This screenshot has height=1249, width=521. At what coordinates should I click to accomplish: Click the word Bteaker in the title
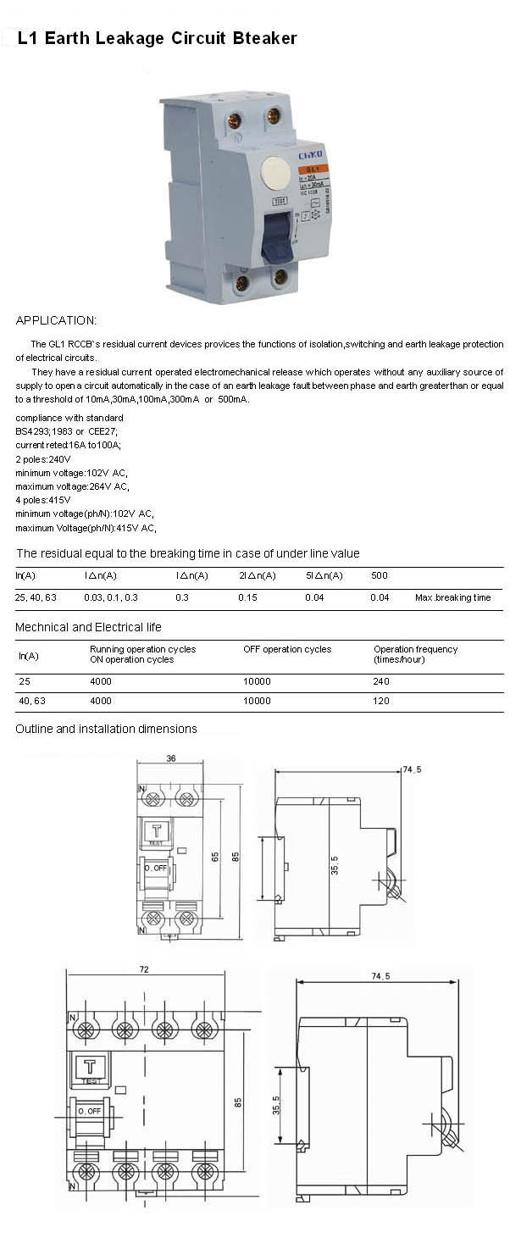(259, 38)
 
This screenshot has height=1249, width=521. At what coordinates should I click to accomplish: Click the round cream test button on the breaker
(275, 172)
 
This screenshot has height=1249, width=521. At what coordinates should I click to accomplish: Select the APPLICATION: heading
(56, 320)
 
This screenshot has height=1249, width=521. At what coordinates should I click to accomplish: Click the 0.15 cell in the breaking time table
(248, 597)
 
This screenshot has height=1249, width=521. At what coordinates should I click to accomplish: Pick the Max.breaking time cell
(452, 597)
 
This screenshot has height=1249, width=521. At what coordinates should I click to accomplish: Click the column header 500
(380, 575)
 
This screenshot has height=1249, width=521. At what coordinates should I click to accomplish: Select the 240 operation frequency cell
(381, 681)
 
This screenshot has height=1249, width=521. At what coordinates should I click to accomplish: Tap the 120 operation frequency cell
(381, 702)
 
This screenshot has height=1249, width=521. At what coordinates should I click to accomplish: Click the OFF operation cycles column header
(287, 649)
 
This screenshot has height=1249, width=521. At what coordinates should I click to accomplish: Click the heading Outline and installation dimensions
(106, 729)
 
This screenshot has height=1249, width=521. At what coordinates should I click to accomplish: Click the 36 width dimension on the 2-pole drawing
(171, 758)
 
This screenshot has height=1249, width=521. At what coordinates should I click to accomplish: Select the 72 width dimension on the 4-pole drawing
(144, 969)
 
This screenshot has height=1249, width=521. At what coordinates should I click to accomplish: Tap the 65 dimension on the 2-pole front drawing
(214, 857)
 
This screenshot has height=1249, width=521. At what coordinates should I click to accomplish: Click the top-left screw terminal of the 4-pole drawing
(86, 1030)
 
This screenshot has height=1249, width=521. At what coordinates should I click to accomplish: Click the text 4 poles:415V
(43, 500)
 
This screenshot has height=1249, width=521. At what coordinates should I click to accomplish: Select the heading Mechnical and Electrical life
(88, 627)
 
